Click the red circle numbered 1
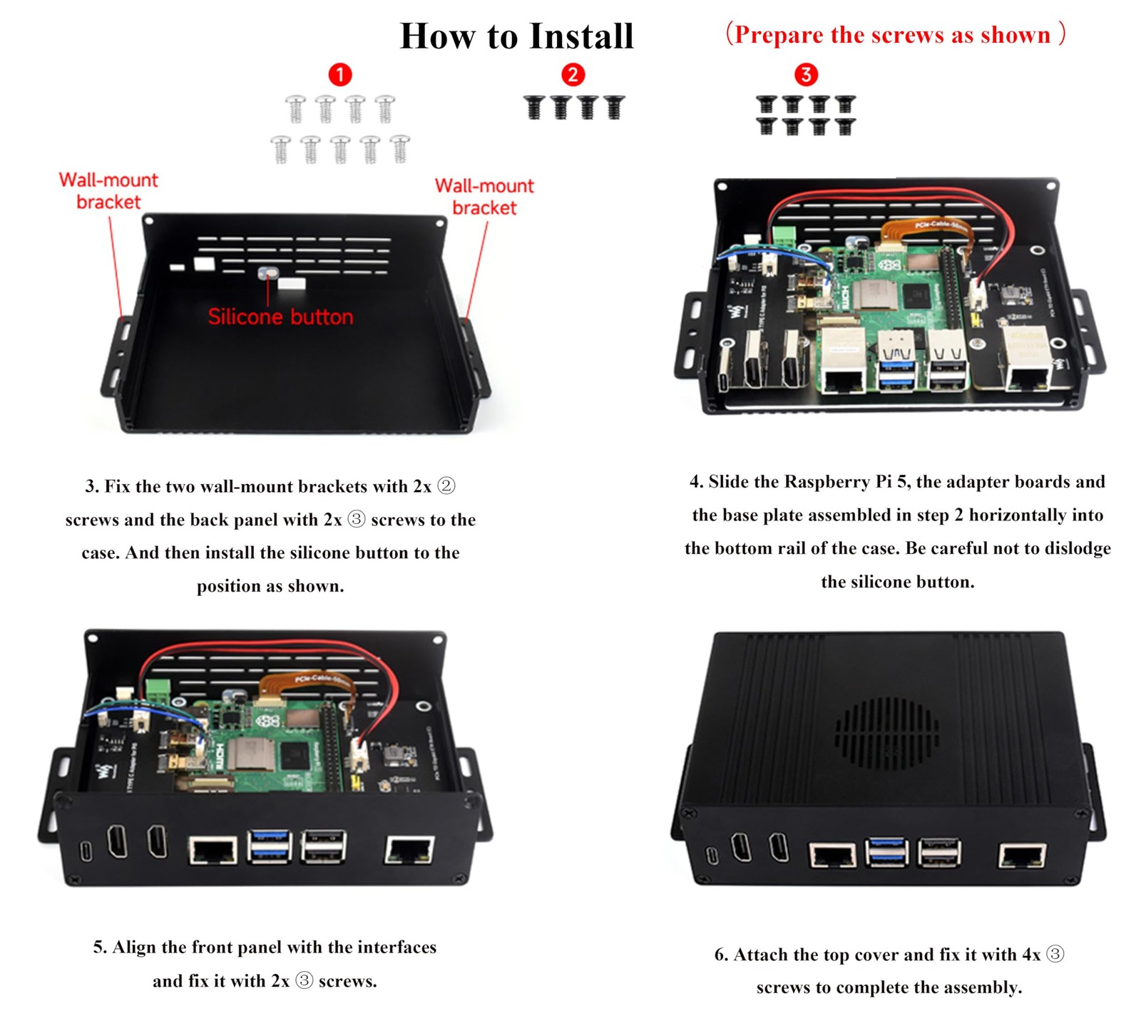point(339,74)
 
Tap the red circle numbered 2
point(573,74)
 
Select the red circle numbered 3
point(806,74)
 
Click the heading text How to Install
point(516,36)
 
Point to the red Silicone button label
point(280,317)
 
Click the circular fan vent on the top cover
point(886,734)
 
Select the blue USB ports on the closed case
point(886,852)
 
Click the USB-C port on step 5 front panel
point(86,851)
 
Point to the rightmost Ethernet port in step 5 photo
point(409,850)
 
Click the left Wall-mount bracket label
point(108,190)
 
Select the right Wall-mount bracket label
point(484,196)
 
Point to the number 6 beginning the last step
point(720,955)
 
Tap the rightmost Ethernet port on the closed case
point(1021,855)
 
